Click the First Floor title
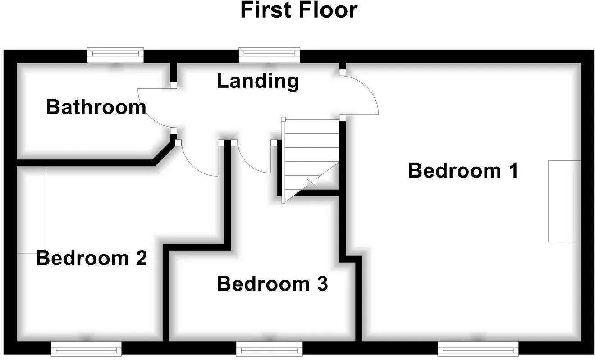tap(299, 10)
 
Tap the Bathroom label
tap(96, 107)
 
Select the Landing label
tap(258, 82)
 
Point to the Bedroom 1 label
tap(463, 170)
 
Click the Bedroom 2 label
tap(92, 258)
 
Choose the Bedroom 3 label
tap(272, 284)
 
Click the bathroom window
tap(115, 55)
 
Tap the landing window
tap(270, 55)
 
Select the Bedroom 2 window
tap(87, 349)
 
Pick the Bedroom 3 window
tap(270, 349)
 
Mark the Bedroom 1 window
tap(478, 349)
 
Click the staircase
tap(310, 160)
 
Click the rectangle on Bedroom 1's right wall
tap(564, 201)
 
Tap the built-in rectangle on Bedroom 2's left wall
tap(32, 210)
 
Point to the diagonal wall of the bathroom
tap(165, 154)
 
